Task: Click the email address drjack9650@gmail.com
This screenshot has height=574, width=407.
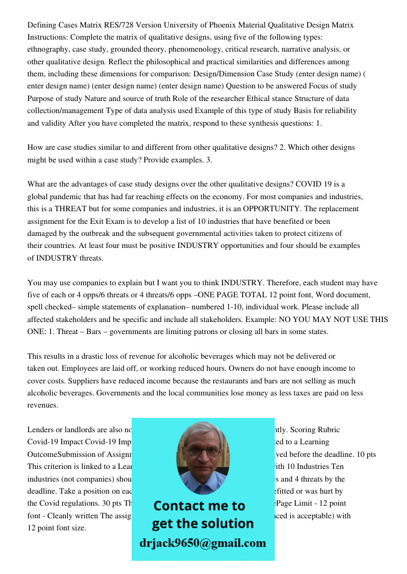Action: (x=203, y=543)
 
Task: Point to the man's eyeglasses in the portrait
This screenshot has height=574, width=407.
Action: (x=202, y=451)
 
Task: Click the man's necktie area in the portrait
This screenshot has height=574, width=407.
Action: (x=202, y=488)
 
